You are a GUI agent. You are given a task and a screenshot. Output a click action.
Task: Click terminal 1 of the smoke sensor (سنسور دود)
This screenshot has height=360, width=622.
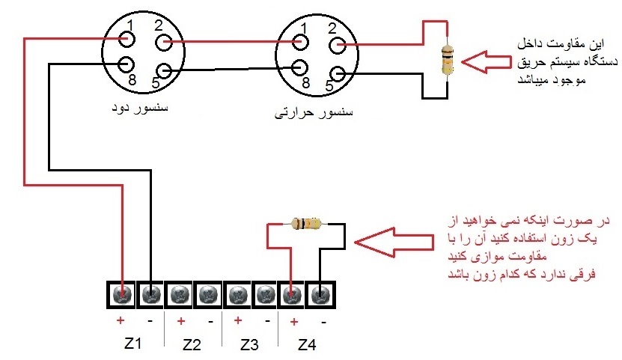pos(127,40)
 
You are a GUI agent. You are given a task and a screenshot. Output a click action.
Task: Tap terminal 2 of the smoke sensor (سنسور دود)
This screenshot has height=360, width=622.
pos(163,42)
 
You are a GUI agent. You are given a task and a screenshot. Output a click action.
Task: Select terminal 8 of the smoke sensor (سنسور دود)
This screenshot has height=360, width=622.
pos(127,64)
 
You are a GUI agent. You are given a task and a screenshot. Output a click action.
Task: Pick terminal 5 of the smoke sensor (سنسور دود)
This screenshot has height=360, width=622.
pos(163,71)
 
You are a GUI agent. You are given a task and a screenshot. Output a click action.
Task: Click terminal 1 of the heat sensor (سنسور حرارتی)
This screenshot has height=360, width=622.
pos(300,42)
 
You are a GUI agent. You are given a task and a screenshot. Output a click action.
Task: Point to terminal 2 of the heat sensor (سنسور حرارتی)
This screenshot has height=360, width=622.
pos(337,45)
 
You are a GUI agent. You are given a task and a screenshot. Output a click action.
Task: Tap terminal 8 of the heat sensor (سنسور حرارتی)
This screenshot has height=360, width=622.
pos(300,68)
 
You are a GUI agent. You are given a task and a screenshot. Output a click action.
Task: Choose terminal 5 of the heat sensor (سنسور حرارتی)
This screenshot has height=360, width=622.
pos(337,74)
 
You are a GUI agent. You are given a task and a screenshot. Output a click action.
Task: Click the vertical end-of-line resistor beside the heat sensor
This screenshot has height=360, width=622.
pos(448,61)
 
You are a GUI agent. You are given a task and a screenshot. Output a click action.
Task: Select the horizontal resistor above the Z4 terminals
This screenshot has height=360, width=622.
pos(307,224)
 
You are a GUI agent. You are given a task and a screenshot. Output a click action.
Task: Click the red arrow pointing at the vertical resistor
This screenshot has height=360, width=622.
pos(487,62)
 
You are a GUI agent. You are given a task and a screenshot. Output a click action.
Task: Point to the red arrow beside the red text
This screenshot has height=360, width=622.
pos(394,242)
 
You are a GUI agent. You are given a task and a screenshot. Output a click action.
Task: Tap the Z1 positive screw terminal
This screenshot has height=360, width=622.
pos(122,295)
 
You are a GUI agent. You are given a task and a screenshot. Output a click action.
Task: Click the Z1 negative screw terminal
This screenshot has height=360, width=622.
pos(150,295)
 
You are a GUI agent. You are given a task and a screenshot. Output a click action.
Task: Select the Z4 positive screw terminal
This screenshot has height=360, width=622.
pos(292,295)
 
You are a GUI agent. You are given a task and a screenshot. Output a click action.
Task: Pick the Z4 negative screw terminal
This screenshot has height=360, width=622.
pos(320,295)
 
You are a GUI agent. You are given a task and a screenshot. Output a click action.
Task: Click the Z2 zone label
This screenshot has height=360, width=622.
pos(192,344)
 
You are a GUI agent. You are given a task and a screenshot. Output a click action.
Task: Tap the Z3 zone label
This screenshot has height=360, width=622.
pos(249,344)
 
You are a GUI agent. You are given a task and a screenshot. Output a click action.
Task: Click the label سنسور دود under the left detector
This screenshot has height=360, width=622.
pos(140,108)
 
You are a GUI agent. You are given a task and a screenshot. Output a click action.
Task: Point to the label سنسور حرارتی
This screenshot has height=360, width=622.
pos(314,113)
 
